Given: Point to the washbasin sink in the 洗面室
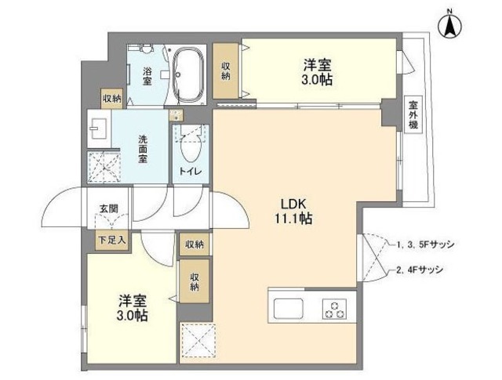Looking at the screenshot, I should tap(98, 126).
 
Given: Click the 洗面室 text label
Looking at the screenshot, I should tap(144, 145).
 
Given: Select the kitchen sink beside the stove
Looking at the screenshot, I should tap(286, 306).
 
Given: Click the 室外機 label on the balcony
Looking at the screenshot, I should tap(413, 115).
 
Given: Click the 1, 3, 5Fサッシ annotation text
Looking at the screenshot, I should tap(424, 244).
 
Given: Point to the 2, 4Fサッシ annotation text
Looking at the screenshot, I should tap(420, 270).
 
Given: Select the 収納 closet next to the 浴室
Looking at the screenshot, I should tap(111, 99).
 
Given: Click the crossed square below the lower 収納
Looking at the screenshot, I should tap(195, 341).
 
